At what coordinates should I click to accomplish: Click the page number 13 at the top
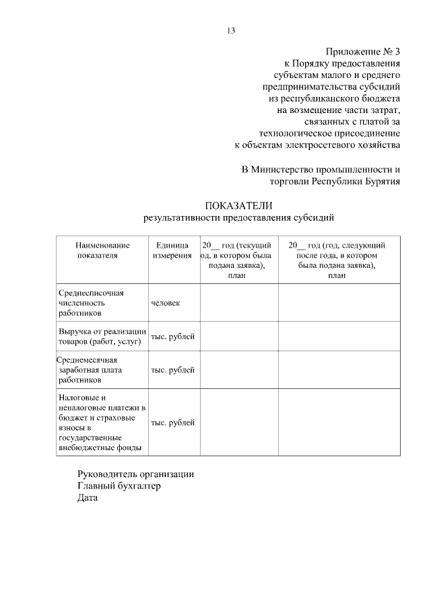231,30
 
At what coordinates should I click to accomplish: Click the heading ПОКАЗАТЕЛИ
238,205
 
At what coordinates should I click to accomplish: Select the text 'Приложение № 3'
363,52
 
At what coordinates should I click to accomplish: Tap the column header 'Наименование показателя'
102,250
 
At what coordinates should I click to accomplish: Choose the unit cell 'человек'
166,303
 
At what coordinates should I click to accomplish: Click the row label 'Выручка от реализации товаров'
102,336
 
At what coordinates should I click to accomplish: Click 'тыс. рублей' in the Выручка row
173,336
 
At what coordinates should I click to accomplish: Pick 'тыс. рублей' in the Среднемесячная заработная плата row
173,370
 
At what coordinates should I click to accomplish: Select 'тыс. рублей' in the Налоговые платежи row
173,423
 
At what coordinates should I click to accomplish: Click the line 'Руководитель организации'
135,474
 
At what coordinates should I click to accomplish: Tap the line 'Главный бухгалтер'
119,486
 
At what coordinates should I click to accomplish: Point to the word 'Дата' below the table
88,498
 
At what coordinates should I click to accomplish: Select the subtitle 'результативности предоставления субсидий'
238,217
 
